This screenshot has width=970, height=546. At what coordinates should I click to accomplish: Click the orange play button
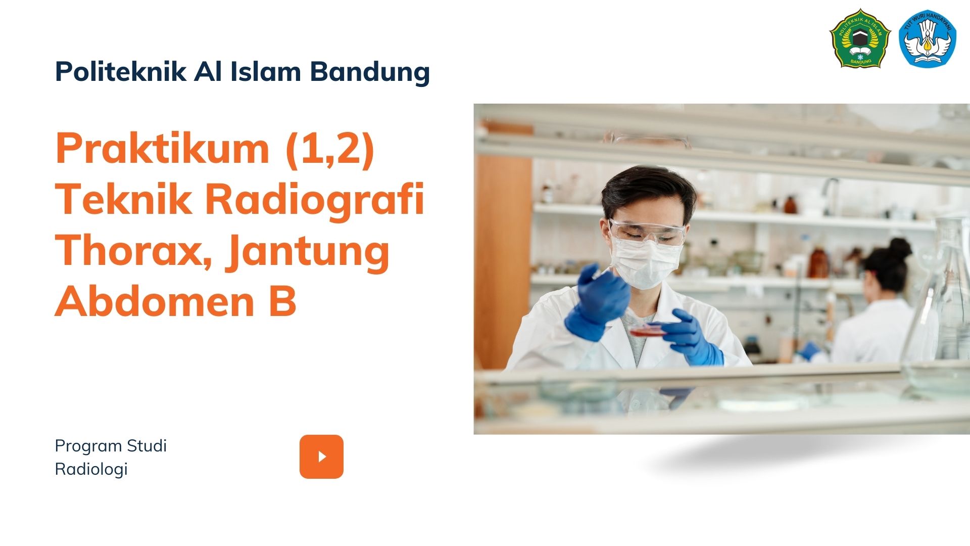321,457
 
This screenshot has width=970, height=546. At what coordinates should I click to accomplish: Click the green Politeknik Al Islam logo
860,38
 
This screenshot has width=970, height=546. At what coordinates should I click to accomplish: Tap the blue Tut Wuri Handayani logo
928,38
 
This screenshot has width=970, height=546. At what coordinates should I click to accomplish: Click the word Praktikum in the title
162,148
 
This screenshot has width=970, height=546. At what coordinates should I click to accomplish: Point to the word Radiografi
314,200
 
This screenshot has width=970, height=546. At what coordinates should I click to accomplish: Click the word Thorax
133,251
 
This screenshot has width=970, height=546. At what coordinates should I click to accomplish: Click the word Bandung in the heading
370,72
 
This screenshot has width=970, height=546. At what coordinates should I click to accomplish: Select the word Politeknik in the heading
121,71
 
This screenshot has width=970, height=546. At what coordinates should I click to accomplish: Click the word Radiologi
91,470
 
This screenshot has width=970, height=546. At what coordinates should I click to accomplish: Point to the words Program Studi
111,446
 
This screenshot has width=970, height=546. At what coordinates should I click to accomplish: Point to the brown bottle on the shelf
818,263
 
